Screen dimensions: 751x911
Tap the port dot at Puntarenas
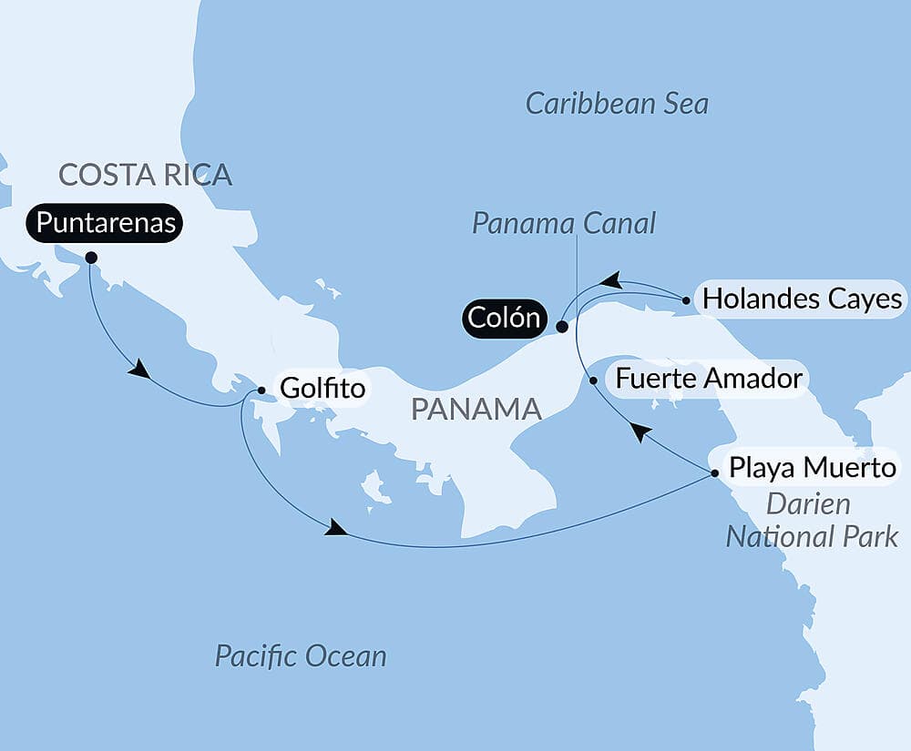point(91,258)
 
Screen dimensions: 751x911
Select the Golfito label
point(322,389)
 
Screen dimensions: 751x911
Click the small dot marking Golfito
point(261,390)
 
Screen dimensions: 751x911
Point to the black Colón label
point(504,319)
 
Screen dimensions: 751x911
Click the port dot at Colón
point(563,326)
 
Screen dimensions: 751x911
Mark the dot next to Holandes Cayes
point(685,298)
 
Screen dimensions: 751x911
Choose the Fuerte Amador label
point(709,378)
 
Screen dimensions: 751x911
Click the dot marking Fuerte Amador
point(594,380)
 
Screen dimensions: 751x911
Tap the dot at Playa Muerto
point(715,472)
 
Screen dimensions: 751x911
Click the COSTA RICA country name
point(145,173)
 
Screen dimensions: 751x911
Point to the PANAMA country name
point(476,409)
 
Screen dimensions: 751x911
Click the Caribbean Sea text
point(617,103)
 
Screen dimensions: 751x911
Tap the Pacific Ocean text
point(300,655)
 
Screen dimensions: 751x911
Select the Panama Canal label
point(564,223)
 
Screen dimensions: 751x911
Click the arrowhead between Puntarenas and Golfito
point(139,370)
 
